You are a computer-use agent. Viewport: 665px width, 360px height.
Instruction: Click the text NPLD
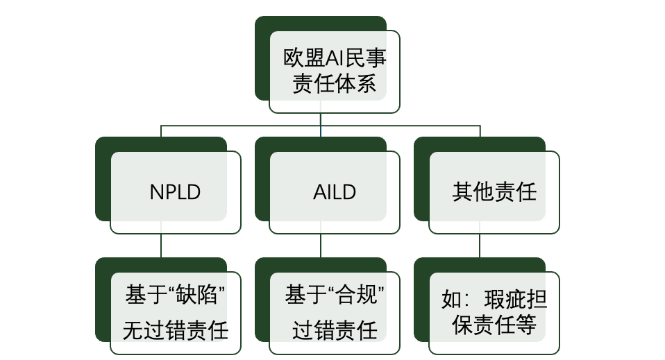coord(175,192)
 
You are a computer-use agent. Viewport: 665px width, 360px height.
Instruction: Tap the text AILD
coord(335,192)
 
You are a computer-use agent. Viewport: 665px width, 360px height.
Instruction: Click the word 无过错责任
coord(176,330)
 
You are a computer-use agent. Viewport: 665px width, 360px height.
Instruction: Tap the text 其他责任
coord(494,191)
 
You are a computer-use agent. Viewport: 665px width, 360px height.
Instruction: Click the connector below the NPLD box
coord(161,246)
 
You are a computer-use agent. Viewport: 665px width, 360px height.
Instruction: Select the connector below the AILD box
coord(321,246)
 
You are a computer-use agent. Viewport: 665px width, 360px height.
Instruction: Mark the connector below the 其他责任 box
coord(480,246)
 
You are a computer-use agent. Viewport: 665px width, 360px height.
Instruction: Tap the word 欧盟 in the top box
coord(303,58)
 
